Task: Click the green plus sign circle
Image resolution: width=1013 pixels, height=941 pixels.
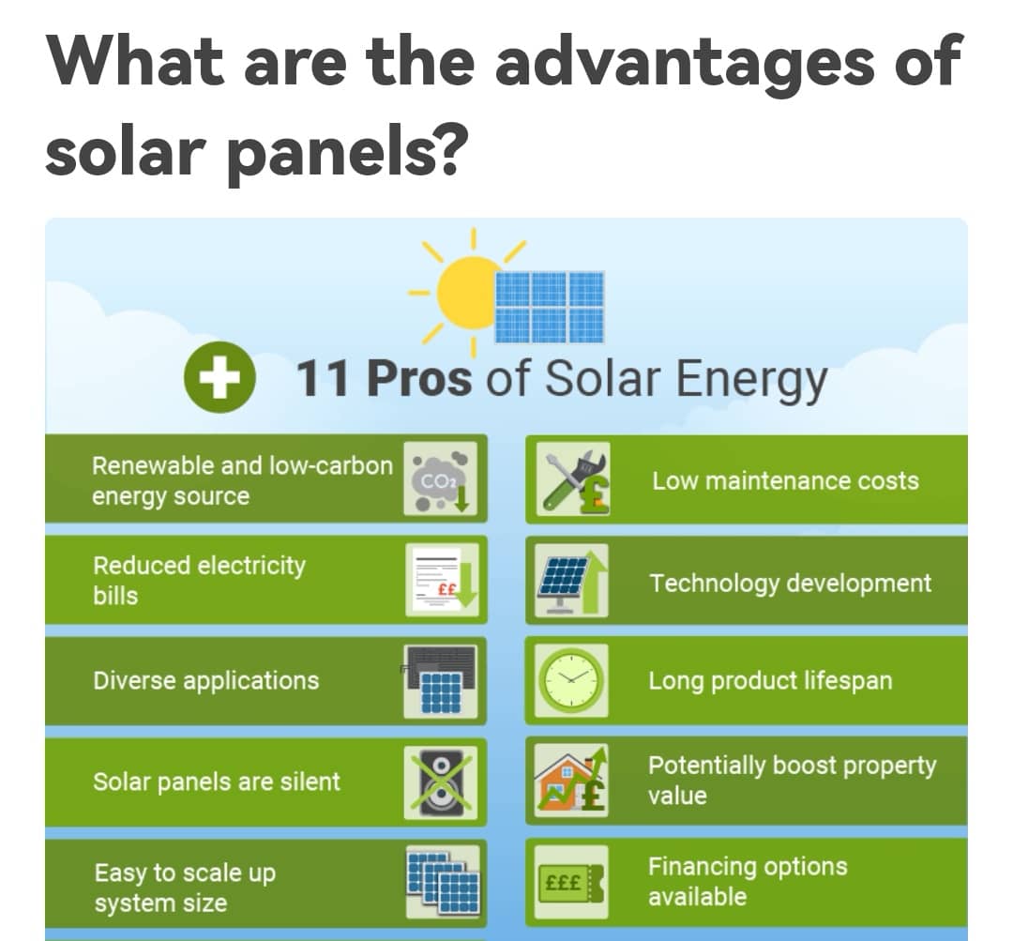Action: tap(219, 377)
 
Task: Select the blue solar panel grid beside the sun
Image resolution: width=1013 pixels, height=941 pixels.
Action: tap(550, 307)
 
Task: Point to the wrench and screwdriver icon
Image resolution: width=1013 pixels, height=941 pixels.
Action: tap(572, 478)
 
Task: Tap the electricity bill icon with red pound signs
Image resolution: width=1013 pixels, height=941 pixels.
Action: tap(442, 580)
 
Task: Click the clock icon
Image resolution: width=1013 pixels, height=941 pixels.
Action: tap(572, 680)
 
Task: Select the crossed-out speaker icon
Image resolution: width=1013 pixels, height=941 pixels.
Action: tap(441, 782)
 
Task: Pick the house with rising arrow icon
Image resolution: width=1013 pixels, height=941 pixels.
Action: tap(572, 781)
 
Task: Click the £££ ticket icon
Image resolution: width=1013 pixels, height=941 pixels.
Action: tap(572, 883)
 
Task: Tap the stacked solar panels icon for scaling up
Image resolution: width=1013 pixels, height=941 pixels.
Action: tap(443, 882)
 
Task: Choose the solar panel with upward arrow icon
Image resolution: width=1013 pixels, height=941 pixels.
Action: tap(572, 580)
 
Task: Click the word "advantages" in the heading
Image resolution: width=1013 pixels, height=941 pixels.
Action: tap(685, 62)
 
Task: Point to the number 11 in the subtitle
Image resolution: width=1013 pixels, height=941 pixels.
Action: tap(324, 377)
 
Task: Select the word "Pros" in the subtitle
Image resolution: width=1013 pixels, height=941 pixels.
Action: tap(419, 377)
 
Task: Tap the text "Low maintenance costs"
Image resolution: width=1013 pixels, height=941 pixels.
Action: tap(786, 481)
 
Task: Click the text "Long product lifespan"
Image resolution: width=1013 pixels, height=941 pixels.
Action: tap(771, 681)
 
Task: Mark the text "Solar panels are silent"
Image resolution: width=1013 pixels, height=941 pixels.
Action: tap(217, 782)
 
